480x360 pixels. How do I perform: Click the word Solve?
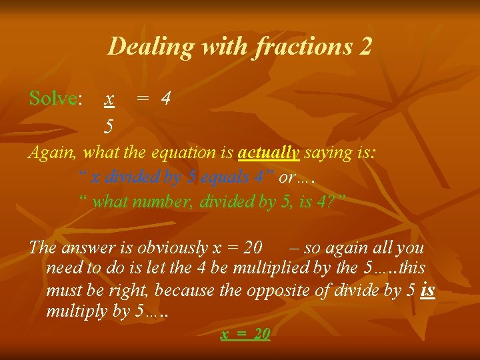pos(53,99)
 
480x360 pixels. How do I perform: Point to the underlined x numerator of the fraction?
pos(109,99)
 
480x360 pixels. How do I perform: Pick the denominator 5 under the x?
pos(109,125)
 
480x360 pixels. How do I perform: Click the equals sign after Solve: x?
pos(142,99)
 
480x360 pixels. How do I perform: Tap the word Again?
pos(53,153)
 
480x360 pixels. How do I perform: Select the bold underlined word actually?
pos(269,153)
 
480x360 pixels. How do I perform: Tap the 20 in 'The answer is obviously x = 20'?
pos(253,247)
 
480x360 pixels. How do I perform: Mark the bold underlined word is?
pos(429,290)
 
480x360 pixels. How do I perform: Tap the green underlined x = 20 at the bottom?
pos(245,334)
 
